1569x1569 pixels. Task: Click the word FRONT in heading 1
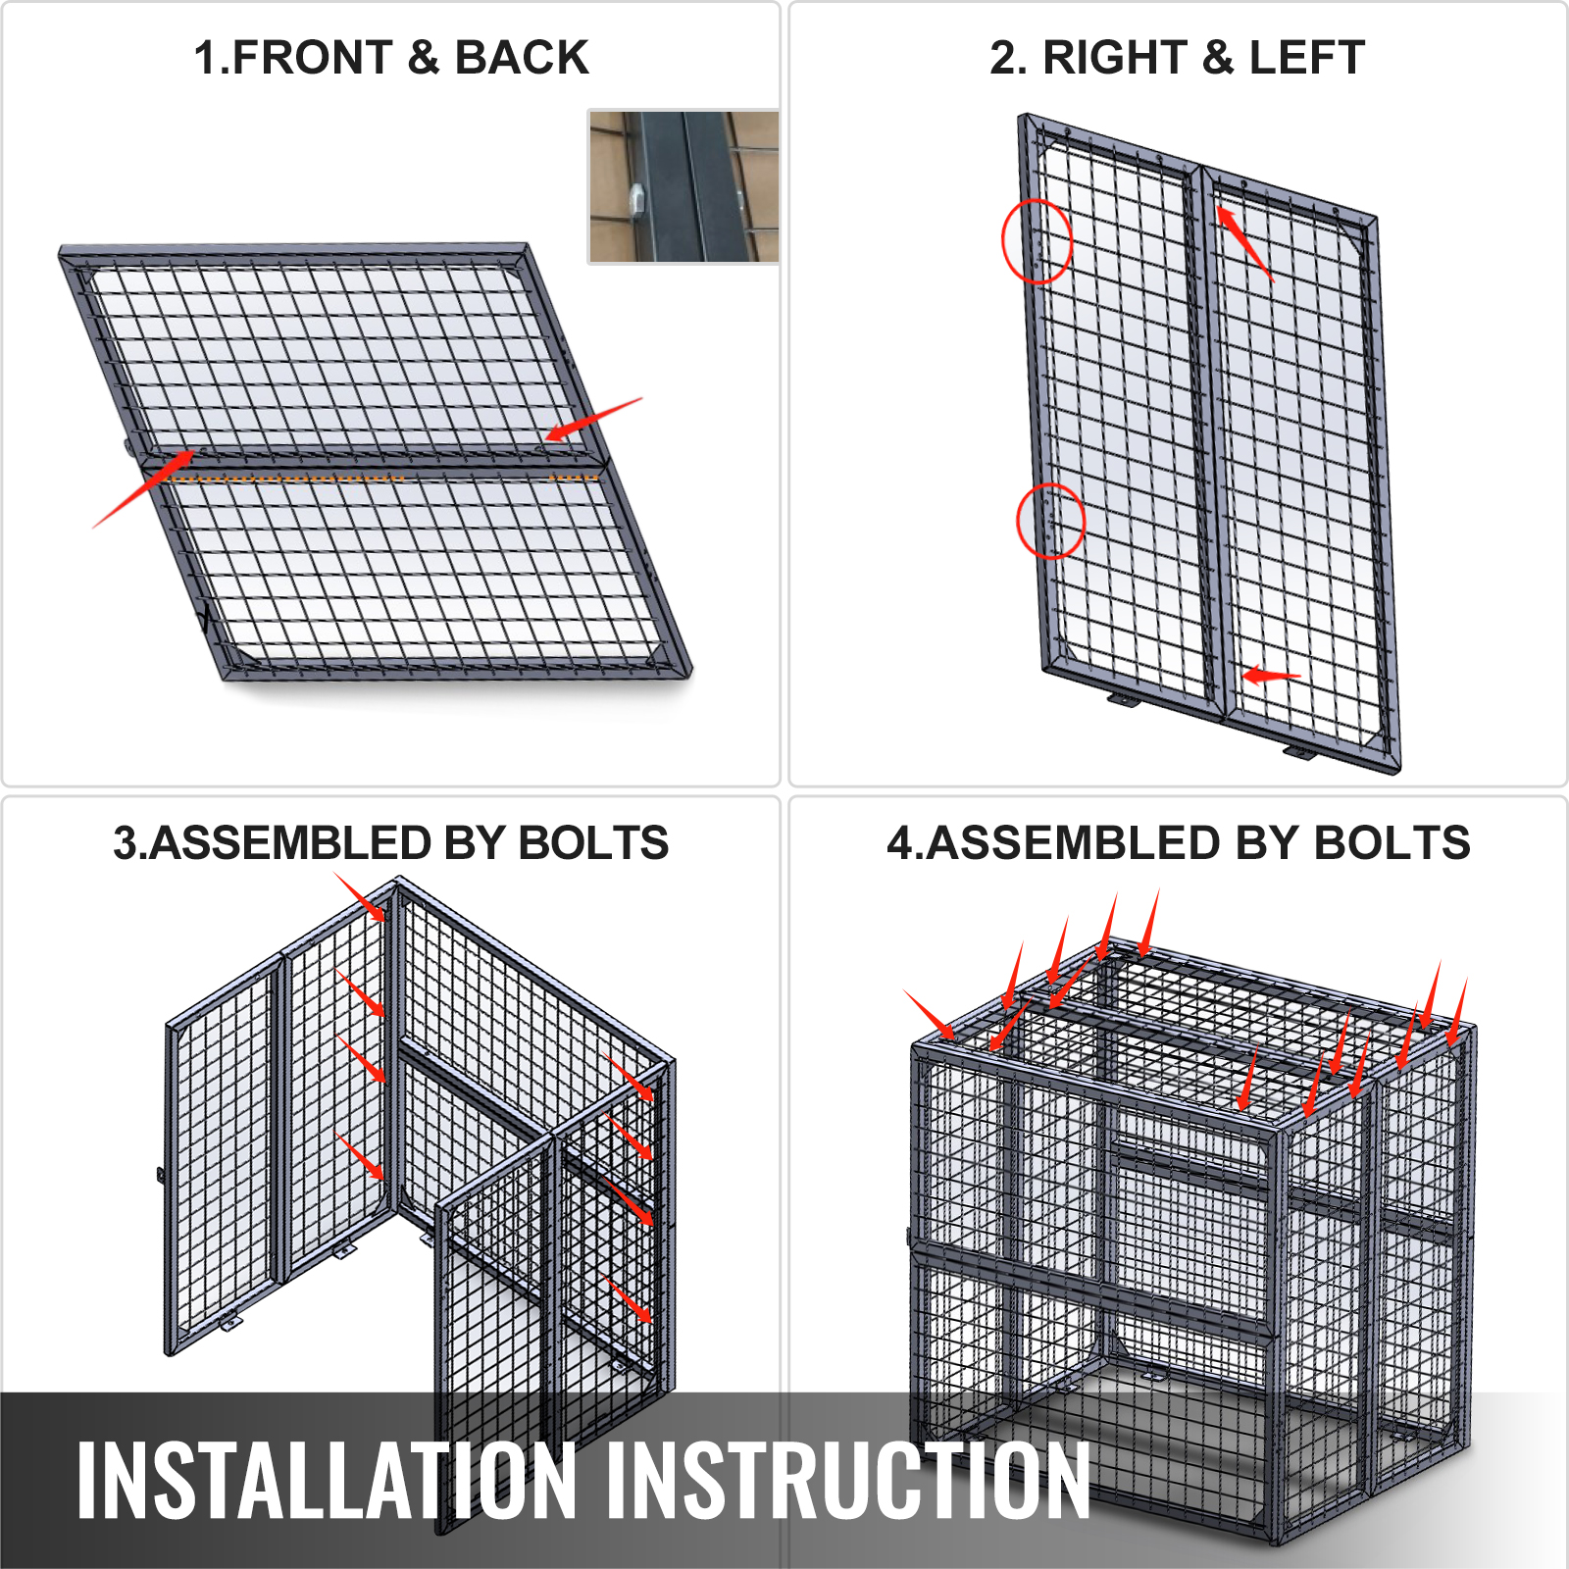pyautogui.click(x=313, y=57)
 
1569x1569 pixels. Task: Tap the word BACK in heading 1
pyautogui.click(x=522, y=57)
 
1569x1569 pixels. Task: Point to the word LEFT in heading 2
pyautogui.click(x=1307, y=57)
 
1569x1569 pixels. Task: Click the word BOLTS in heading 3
pyautogui.click(x=593, y=843)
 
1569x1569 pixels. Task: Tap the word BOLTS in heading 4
pyautogui.click(x=1392, y=843)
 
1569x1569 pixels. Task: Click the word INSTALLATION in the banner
pyautogui.click(x=327, y=1480)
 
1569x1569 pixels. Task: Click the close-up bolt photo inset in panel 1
pyautogui.click(x=683, y=186)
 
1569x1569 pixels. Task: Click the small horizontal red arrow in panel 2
pyautogui.click(x=1271, y=676)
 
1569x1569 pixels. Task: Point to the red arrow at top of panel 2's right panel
pyautogui.click(x=1244, y=243)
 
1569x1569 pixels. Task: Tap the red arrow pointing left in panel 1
pyautogui.click(x=593, y=419)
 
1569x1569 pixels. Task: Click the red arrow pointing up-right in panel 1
pyautogui.click(x=144, y=488)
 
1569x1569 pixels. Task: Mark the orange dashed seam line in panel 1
pyautogui.click(x=383, y=479)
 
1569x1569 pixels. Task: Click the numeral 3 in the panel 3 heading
pyautogui.click(x=125, y=843)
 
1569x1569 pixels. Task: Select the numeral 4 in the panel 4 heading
pyautogui.click(x=900, y=843)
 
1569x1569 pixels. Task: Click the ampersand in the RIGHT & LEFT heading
pyautogui.click(x=1218, y=57)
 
